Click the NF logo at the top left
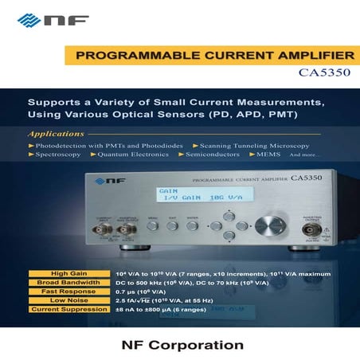(x=45, y=18)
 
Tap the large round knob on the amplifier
(x=274, y=225)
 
